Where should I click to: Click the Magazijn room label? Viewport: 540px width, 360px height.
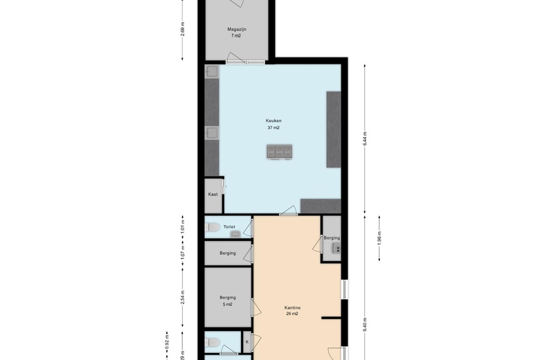click(237, 29)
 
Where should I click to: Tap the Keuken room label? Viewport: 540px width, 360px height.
click(273, 120)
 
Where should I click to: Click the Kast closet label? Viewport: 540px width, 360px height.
click(213, 195)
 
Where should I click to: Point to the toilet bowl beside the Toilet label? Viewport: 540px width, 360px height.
click(213, 226)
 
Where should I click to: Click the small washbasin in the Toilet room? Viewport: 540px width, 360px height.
click(235, 234)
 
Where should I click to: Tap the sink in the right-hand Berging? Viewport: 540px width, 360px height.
click(336, 247)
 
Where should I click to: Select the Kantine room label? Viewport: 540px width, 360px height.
click(291, 307)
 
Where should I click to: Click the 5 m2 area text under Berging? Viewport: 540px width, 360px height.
click(227, 305)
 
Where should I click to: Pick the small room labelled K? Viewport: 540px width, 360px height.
click(246, 341)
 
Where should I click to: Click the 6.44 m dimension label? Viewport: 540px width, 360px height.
click(365, 138)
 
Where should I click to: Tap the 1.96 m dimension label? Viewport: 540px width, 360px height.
click(380, 239)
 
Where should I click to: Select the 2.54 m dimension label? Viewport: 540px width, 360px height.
click(182, 297)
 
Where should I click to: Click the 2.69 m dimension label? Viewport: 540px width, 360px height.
click(182, 29)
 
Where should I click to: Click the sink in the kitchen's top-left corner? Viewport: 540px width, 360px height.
click(211, 71)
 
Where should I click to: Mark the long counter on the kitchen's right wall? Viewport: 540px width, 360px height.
click(334, 129)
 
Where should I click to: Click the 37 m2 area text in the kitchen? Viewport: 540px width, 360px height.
click(273, 128)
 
